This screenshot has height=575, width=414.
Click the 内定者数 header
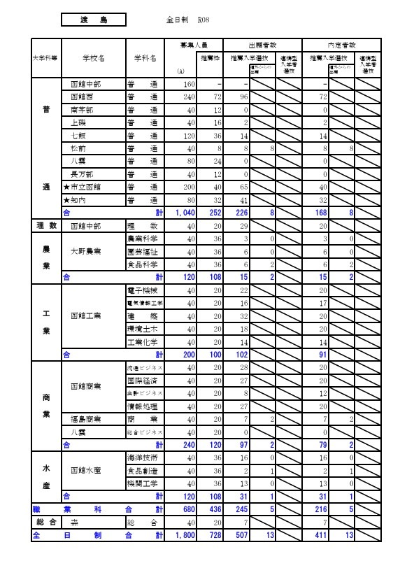point(341,44)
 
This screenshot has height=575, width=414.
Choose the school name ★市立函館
point(85,187)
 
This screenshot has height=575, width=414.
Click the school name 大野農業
point(87,251)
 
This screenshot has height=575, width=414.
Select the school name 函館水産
point(87,471)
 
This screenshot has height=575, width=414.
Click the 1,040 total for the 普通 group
point(184,213)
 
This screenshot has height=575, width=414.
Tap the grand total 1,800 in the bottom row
point(184,535)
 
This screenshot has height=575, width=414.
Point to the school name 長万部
point(83,174)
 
